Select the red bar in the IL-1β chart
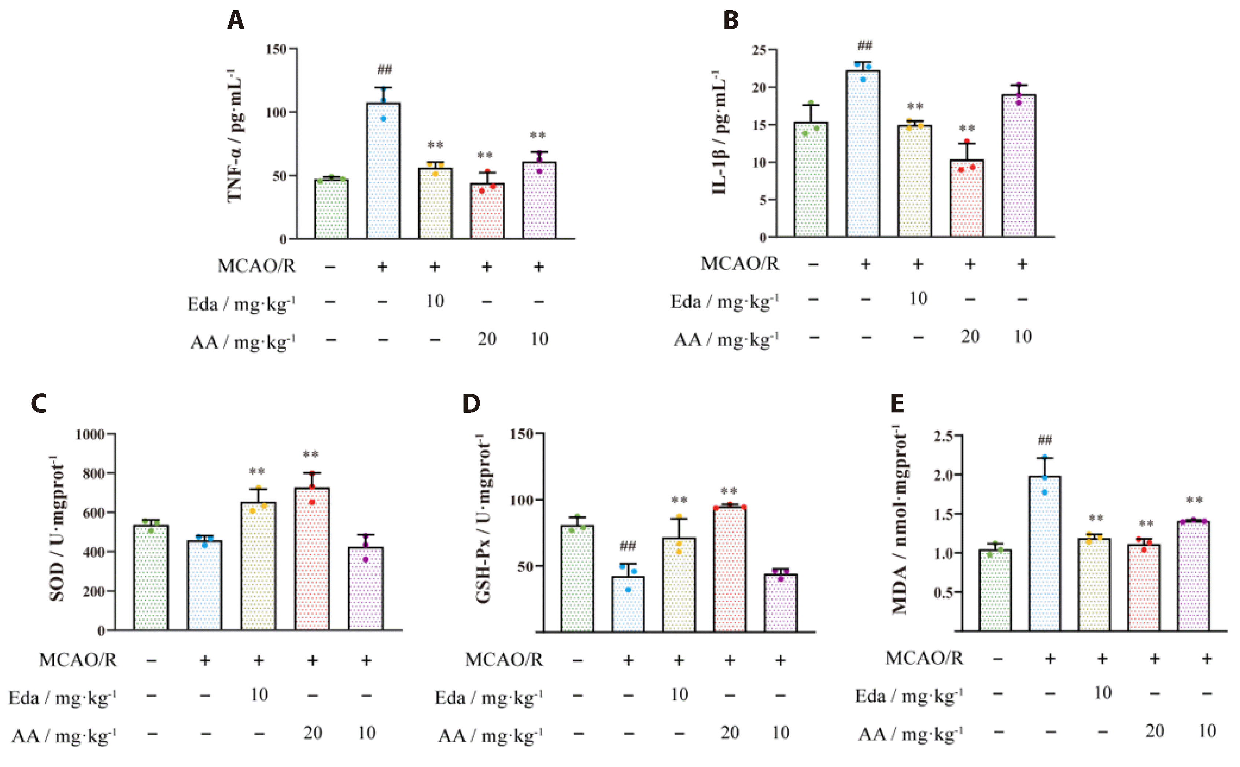[x=967, y=199]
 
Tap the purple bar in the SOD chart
[x=366, y=589]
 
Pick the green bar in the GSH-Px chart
[x=577, y=579]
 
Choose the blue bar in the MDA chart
[x=1045, y=553]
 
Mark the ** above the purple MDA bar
[x=1194, y=500]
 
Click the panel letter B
[x=731, y=20]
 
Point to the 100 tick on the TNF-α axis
[x=277, y=112]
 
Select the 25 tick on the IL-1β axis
[x=760, y=50]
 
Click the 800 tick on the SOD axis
[x=93, y=473]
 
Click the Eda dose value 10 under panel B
[x=918, y=298]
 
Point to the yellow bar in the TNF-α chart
[x=435, y=203]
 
